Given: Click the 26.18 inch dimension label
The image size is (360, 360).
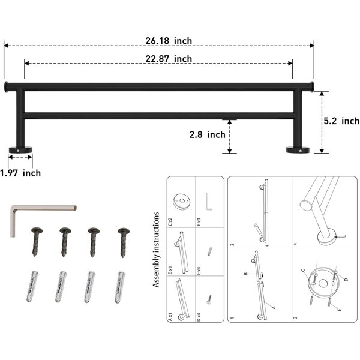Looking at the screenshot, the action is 169,41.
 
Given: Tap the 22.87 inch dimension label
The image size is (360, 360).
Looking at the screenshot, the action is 169,59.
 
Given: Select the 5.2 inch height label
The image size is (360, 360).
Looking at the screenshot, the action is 341,121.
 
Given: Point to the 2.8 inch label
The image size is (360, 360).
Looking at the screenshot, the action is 208,134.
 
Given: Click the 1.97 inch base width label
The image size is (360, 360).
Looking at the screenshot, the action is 20,173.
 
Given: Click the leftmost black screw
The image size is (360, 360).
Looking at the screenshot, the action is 36,242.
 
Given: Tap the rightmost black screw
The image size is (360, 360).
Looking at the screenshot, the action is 123,242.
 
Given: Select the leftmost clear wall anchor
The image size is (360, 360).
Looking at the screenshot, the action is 32,287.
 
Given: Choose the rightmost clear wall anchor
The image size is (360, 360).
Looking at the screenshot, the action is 119,287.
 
